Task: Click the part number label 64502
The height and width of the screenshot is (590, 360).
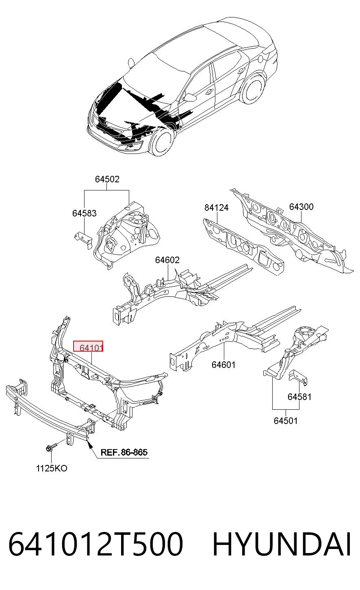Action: pos(107,179)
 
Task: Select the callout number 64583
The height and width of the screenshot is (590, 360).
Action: pos(85,213)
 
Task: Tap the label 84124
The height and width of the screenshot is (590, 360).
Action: pos(217,207)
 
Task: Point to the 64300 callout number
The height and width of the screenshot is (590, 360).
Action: pos(301,207)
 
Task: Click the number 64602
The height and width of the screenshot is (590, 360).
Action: pos(167,260)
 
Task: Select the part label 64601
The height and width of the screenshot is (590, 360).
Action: pos(223,365)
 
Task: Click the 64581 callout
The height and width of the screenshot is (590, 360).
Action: pos(299,397)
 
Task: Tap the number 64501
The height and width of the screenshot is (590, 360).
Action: pos(285,421)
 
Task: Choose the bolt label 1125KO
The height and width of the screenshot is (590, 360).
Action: pos(52,468)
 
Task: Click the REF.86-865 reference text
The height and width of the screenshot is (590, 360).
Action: pos(124,452)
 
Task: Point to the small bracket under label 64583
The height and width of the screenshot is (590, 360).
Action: pos(83,240)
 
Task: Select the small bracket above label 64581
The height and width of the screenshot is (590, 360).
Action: pos(298,378)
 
